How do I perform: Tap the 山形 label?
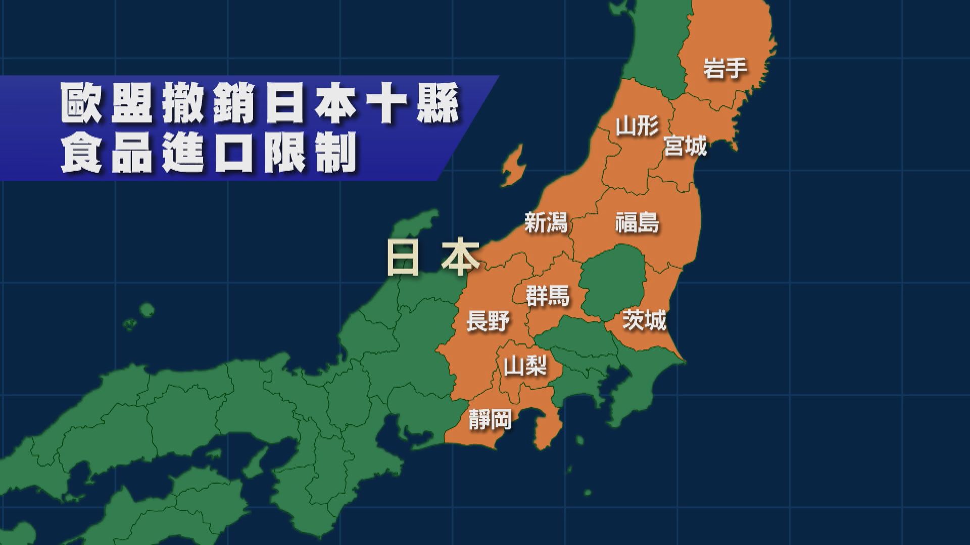tap(637, 126)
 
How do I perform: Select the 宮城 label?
tap(685, 146)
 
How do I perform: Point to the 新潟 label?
tap(546, 222)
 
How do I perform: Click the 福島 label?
tap(637, 222)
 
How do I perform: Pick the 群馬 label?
tap(548, 296)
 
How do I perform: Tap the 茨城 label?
tap(644, 320)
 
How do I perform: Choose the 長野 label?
tap(488, 321)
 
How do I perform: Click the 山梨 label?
tap(525, 366)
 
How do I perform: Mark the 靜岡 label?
tap(490, 419)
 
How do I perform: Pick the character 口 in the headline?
tap(234, 152)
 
